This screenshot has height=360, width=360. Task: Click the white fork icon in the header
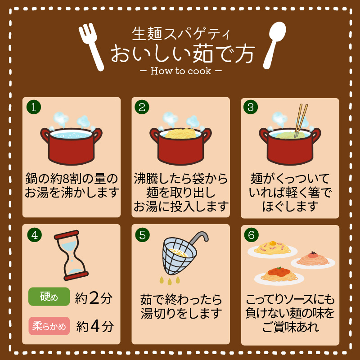[x=91, y=47]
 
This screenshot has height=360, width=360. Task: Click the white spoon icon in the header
[x=274, y=45]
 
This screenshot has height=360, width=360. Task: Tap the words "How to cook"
[x=181, y=71]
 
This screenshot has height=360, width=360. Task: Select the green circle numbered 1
[x=34, y=107]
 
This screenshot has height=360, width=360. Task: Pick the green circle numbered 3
[x=251, y=107]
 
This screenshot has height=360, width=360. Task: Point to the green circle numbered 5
[x=142, y=235]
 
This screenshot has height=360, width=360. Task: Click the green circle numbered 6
[x=252, y=235]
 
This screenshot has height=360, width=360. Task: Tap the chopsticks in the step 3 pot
[x=301, y=121]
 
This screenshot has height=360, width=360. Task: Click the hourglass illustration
[x=71, y=255]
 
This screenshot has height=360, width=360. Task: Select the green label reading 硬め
[x=49, y=297]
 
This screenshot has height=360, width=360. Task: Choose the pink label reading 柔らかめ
[x=49, y=326]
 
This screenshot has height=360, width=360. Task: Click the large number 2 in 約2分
[x=94, y=298]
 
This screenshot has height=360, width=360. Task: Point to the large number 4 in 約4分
[x=95, y=326]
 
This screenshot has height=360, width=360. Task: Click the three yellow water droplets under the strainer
[x=170, y=280]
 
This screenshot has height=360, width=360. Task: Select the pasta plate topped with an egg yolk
[x=272, y=250]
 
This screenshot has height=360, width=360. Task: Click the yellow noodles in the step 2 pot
[x=180, y=133]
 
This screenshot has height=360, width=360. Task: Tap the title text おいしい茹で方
[x=183, y=54]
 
